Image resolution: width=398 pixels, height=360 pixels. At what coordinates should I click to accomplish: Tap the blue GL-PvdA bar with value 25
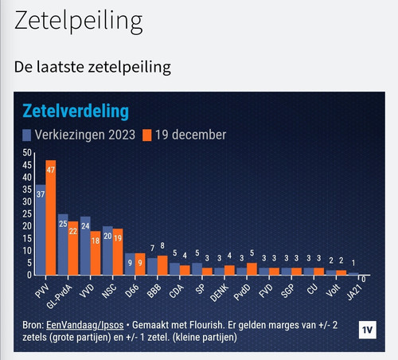pos(63,244)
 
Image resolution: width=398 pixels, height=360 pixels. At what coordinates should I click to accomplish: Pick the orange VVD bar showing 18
pos(96,252)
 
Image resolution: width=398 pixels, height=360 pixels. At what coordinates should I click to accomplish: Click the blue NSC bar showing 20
pos(107,250)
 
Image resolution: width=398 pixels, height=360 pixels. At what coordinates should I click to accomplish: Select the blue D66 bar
pos(130,264)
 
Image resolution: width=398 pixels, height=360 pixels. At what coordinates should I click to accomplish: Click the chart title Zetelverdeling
pos(76,110)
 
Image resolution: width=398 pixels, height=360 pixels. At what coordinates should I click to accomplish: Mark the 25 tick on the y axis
pos(27,213)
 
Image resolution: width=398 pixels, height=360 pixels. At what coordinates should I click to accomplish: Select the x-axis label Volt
pos(334,289)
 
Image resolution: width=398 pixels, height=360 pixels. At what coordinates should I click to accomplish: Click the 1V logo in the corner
pos(367,331)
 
